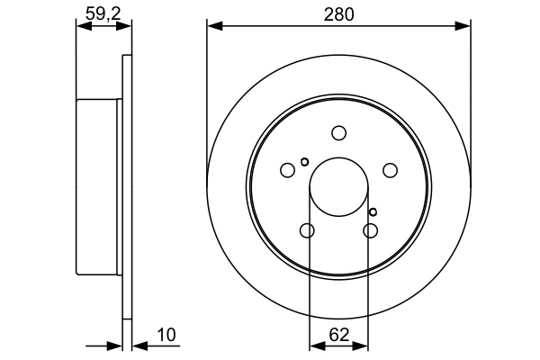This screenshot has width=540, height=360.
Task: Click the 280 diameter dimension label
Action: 338,13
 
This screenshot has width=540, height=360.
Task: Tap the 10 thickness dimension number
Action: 166,335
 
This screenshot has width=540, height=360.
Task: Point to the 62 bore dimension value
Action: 338,335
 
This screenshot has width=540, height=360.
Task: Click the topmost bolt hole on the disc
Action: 338,133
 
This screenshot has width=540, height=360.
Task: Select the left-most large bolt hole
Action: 288,170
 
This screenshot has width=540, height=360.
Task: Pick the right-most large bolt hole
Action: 390,170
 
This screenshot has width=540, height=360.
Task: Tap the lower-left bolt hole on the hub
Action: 307,231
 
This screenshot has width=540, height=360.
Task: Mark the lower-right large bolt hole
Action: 370,231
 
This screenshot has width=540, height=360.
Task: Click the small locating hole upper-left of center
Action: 305,162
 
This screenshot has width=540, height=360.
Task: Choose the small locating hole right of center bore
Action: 373,211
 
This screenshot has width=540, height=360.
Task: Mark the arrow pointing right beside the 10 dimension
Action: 113,345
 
